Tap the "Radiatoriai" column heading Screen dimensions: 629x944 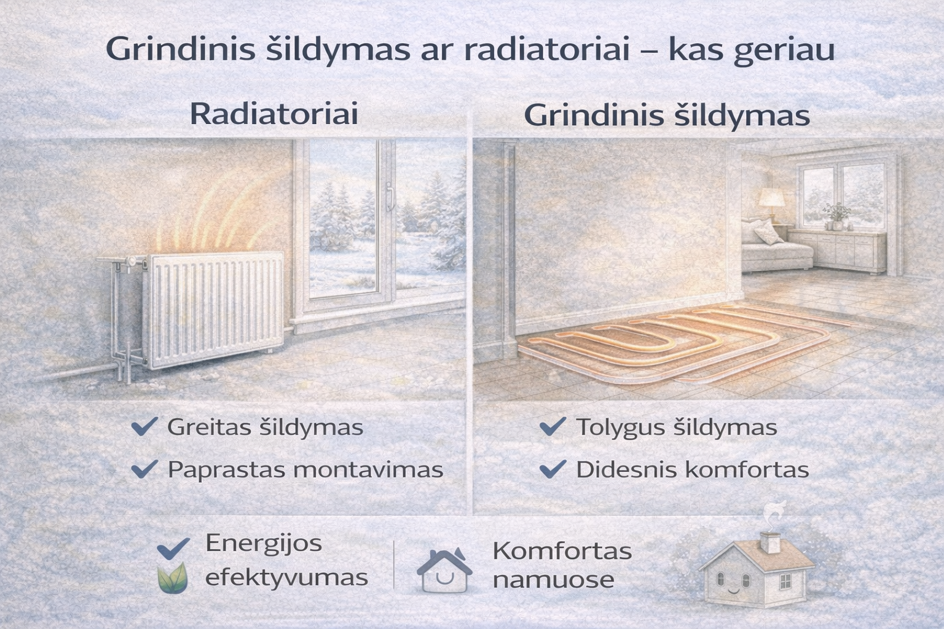273,115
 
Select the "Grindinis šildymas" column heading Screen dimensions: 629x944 667,116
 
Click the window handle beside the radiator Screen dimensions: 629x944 390,195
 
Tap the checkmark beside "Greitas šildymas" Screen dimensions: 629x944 145,426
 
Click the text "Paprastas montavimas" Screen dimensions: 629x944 305,470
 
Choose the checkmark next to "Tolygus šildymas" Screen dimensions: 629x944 553,426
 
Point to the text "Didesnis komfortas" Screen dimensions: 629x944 692,470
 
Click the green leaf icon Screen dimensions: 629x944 172,578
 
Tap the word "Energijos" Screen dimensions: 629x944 264,543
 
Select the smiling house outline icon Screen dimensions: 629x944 444,570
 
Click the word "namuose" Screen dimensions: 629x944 553,579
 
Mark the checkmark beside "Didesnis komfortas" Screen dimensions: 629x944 553,470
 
